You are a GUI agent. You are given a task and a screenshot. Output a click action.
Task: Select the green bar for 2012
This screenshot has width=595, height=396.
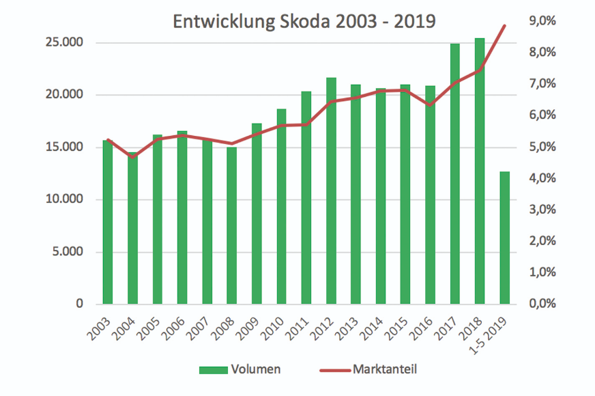point(331,191)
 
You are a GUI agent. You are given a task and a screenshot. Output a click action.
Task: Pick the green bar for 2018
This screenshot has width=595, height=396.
point(480,171)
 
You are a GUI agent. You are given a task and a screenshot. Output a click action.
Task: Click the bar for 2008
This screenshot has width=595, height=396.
point(231,225)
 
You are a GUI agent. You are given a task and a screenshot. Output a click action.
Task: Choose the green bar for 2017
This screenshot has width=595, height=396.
point(455,174)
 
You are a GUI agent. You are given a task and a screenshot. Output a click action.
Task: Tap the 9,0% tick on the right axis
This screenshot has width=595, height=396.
point(542,21)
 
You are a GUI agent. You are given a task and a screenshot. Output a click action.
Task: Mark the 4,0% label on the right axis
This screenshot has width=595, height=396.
point(542,178)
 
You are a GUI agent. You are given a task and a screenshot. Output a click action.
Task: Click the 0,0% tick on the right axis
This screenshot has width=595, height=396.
point(542,304)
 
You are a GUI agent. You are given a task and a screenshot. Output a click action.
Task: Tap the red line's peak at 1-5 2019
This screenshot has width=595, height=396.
point(504,26)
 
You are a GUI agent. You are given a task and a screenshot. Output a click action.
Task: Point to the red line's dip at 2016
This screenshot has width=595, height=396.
point(430,105)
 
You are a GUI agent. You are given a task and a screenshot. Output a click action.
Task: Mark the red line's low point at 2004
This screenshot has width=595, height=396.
point(132,157)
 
